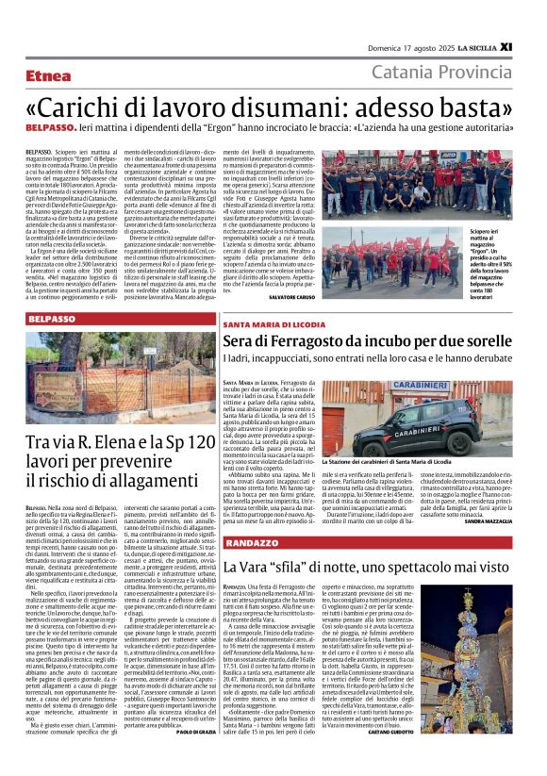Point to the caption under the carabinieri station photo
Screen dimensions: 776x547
pyautogui.click(x=388, y=462)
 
